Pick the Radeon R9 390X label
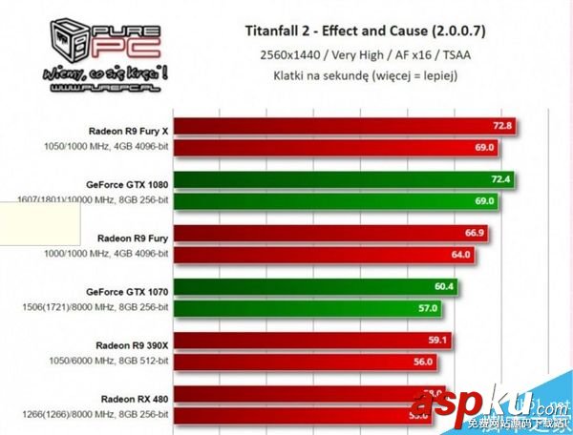click(132, 342)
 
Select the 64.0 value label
click(460, 255)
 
